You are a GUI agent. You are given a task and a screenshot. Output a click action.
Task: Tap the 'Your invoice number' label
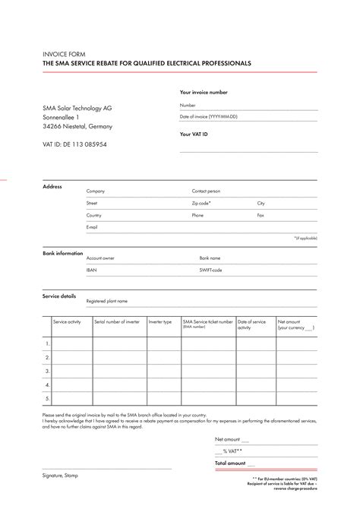click(x=203, y=92)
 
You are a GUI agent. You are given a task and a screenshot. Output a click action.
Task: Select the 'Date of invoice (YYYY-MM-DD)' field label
click(x=208, y=117)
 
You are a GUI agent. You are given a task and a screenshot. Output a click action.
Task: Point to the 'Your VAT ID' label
click(x=194, y=134)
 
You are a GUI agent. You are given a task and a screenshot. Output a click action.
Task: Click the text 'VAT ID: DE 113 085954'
click(x=74, y=144)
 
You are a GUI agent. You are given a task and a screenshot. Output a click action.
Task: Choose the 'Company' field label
click(x=96, y=191)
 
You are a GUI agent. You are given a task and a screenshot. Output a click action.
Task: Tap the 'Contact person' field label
click(x=206, y=191)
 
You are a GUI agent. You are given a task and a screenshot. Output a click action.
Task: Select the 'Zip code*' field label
click(x=201, y=204)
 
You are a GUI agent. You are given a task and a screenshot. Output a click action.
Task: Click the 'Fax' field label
click(x=261, y=216)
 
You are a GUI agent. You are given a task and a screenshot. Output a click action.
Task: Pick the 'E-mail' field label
click(x=92, y=227)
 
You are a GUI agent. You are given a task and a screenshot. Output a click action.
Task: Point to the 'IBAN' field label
click(x=92, y=270)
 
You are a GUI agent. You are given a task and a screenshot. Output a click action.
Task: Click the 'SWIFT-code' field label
click(x=210, y=270)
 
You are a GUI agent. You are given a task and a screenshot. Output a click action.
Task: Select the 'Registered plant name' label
click(x=106, y=302)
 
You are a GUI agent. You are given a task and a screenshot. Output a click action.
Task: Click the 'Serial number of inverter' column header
click(x=117, y=322)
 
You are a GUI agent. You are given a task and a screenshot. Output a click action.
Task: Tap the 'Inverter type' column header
click(x=160, y=322)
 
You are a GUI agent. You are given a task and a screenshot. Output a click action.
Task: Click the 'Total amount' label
click(x=230, y=463)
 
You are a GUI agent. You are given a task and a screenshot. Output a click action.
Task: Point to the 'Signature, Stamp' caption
click(x=60, y=476)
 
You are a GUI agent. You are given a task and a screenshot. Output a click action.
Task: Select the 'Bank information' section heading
click(x=63, y=253)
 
